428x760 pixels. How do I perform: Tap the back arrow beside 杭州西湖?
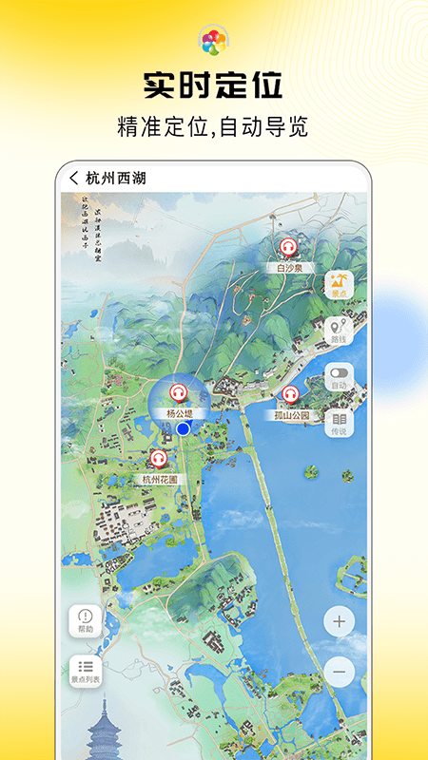[74, 178]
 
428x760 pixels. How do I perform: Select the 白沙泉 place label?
[288, 268]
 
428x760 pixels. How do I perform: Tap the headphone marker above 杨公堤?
[178, 393]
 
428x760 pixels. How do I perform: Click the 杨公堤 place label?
[179, 413]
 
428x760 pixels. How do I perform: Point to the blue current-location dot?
[184, 429]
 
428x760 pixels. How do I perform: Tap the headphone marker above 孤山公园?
[290, 395]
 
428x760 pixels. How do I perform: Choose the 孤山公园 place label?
[289, 415]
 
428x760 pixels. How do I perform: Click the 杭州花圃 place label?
[159, 480]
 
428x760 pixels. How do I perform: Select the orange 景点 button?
[340, 284]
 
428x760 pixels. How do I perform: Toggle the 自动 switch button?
[340, 377]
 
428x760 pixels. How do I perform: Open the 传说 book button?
[340, 424]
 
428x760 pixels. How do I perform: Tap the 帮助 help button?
[86, 621]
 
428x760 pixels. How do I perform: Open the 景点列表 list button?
[86, 672]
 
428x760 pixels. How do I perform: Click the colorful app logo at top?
[213, 41]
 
